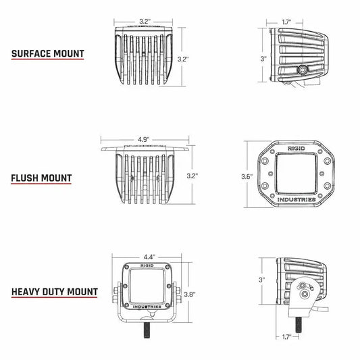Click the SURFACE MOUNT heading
[x=47, y=53]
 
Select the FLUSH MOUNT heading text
[x=41, y=178]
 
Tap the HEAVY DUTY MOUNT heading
[x=53, y=292]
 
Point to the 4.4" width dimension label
[x=149, y=257]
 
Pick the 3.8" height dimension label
[x=191, y=294]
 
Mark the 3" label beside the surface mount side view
[x=263, y=59]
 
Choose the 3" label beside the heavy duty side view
[x=261, y=279]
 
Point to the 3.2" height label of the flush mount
[x=193, y=176]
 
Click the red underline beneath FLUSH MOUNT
[x=41, y=186]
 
